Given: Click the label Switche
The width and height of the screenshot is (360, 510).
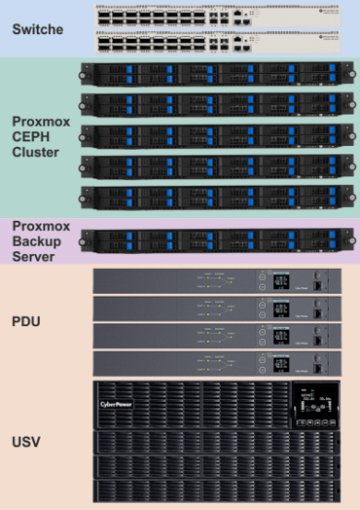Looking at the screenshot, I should [38, 29].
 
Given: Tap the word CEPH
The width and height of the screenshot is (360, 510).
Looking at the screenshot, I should [36, 136].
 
